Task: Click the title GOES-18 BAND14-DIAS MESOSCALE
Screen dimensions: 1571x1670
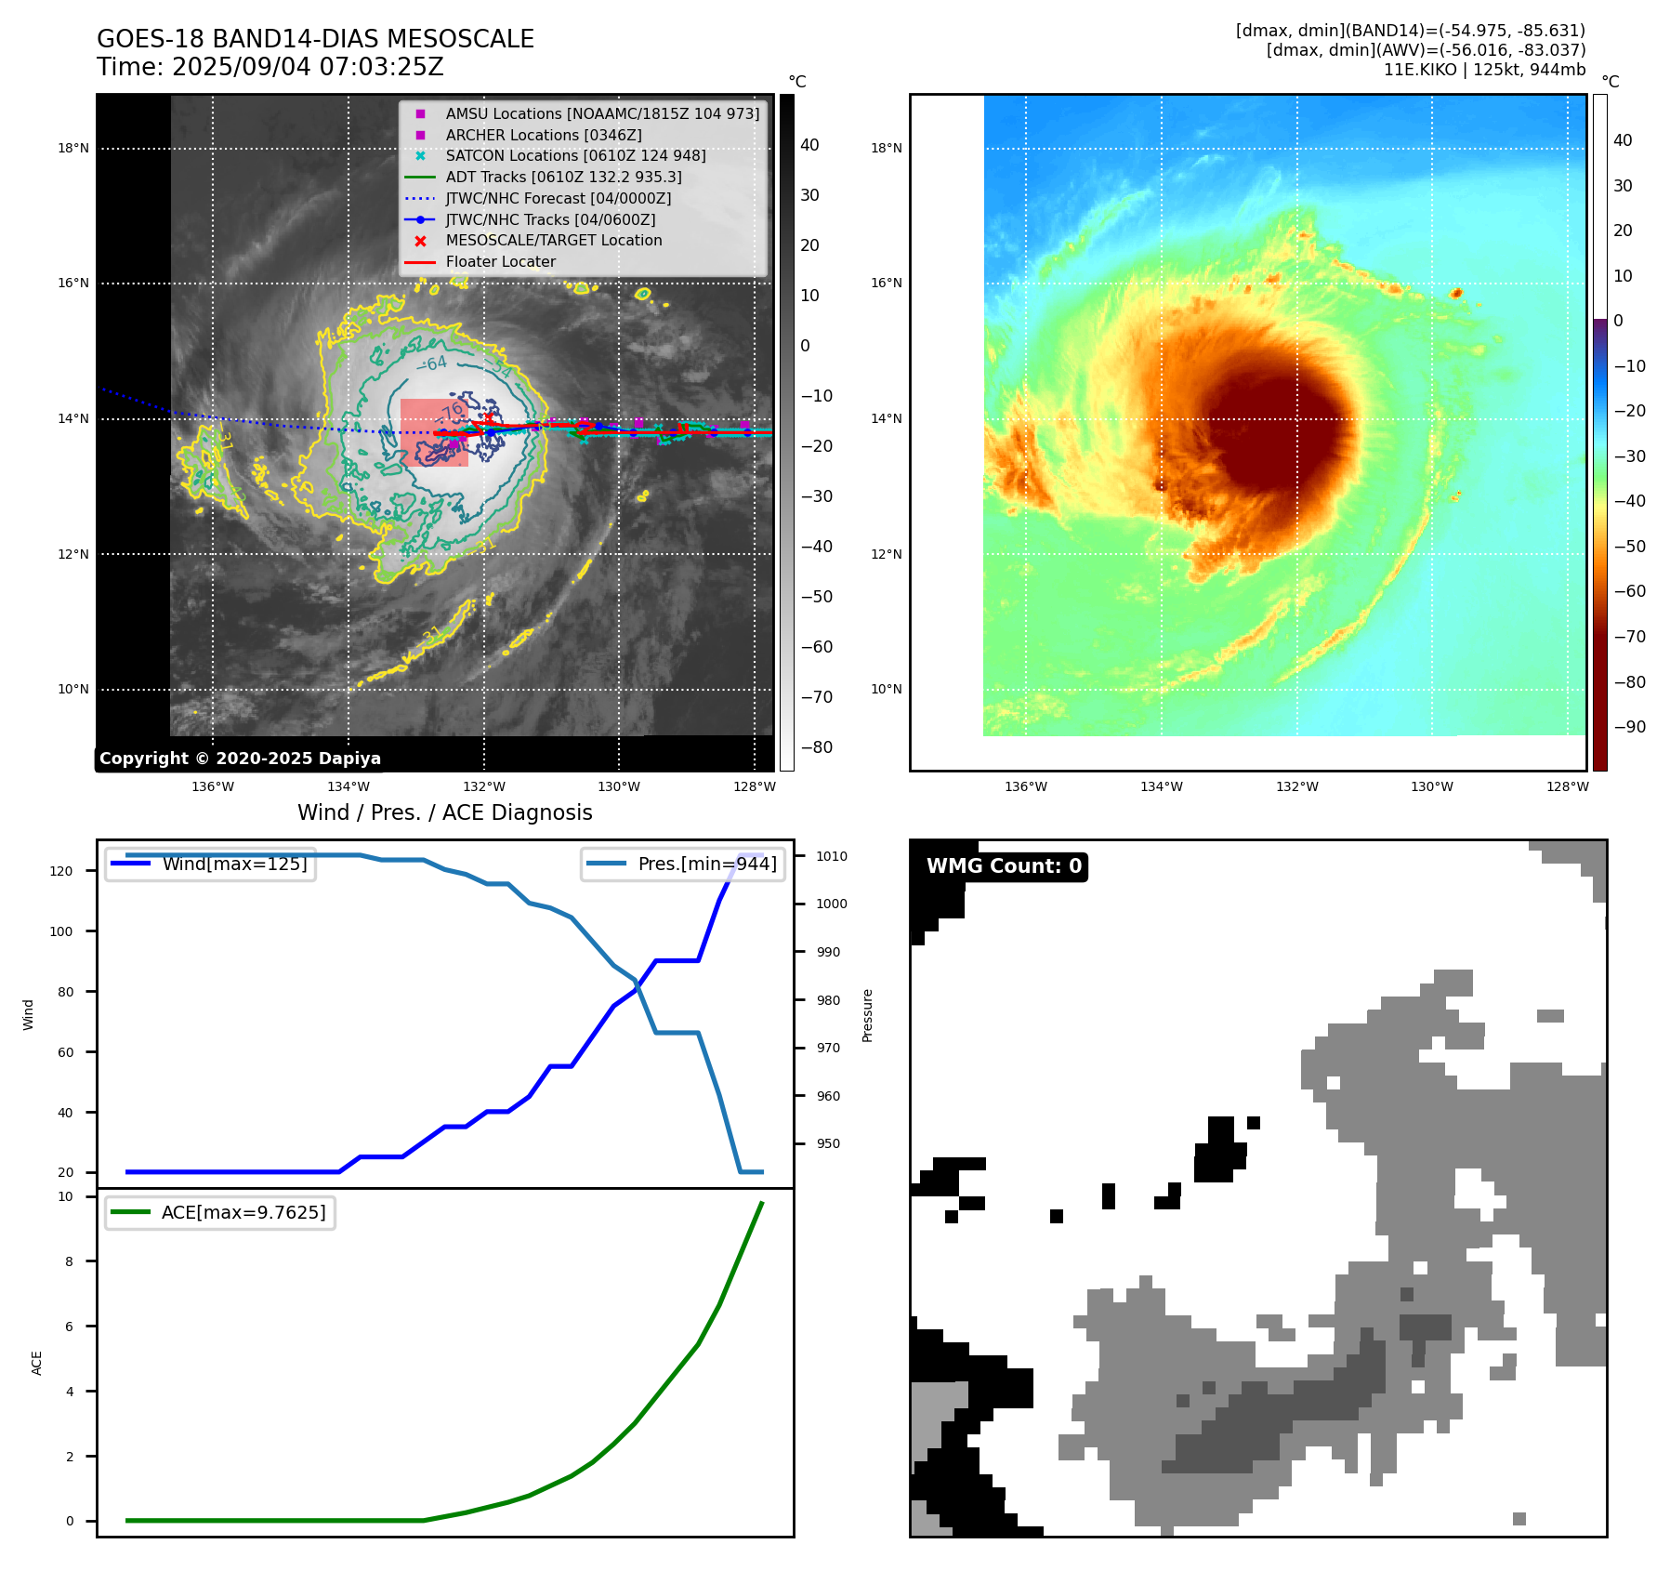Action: tap(315, 39)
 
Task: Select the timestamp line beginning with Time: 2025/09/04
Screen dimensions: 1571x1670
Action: tap(270, 67)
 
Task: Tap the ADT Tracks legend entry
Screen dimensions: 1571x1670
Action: tap(563, 177)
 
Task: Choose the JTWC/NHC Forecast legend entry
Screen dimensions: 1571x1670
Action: tap(558, 198)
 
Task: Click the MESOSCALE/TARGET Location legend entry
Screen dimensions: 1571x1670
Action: tap(554, 240)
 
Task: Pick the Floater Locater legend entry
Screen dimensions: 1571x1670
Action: tap(500, 261)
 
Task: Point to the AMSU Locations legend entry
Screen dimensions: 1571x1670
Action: tap(602, 113)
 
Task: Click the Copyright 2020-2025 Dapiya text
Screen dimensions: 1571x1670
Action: tap(240, 759)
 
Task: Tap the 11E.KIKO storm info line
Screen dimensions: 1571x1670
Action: tap(1484, 70)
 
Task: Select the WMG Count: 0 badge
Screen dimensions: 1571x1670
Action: tap(1004, 866)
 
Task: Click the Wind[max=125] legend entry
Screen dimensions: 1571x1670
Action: tap(234, 864)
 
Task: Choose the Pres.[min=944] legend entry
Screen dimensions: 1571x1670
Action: tap(707, 864)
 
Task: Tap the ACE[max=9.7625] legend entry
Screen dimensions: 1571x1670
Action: tap(243, 1212)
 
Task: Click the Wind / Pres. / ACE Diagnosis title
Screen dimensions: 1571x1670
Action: tap(444, 812)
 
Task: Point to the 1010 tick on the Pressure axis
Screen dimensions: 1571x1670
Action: tap(832, 856)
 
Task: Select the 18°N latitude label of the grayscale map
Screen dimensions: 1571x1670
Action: tap(73, 148)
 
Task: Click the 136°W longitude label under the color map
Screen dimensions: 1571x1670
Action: tap(1026, 786)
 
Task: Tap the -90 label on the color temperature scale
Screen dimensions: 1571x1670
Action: tap(1629, 727)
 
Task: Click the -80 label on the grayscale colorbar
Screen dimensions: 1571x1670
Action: tap(817, 747)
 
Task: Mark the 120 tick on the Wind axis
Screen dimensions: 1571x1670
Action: tap(61, 871)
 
